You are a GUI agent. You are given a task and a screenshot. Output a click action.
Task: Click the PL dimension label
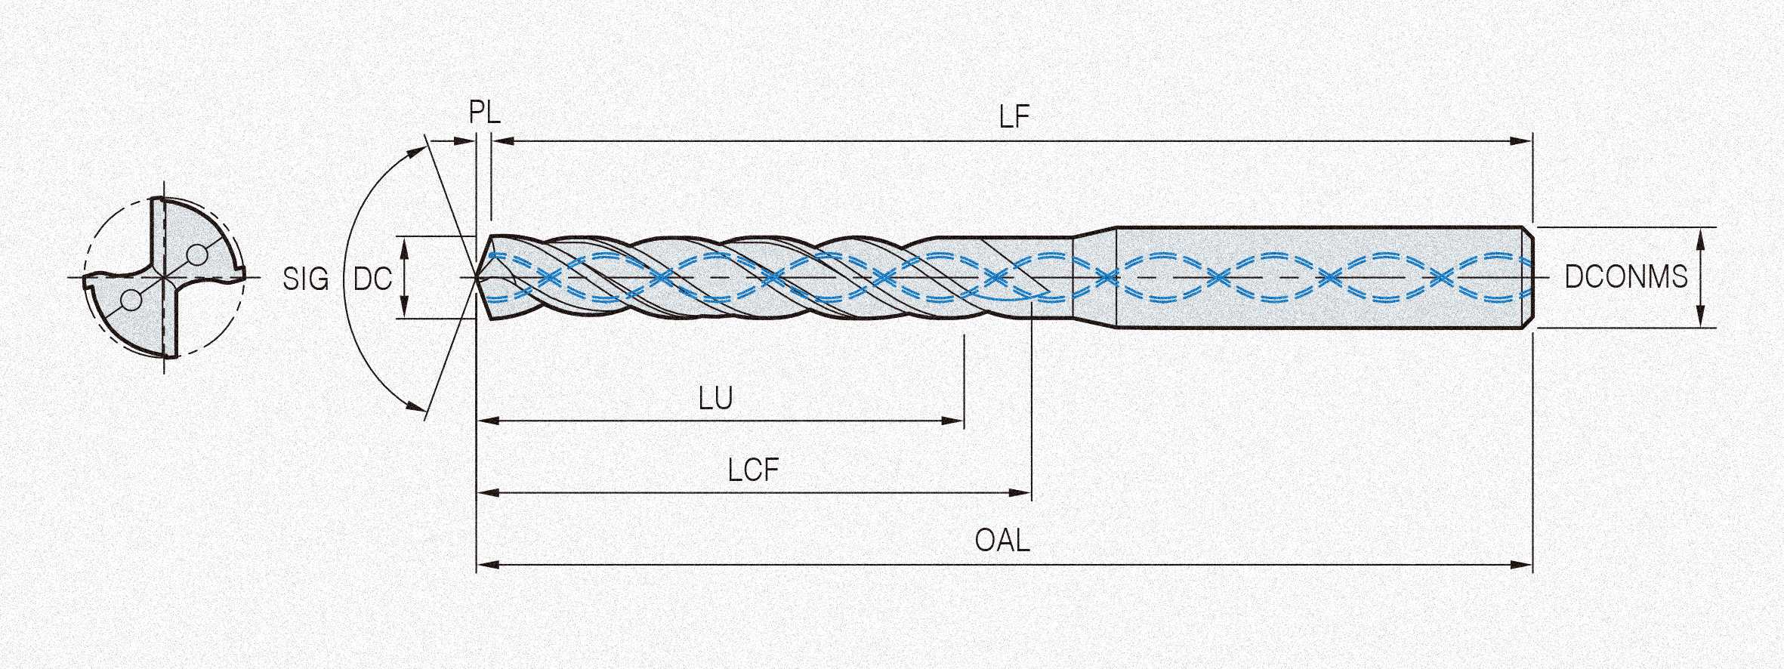coord(484,113)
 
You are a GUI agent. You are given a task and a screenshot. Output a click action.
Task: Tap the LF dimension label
coord(1014,117)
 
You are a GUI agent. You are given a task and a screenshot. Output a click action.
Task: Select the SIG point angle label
coord(306,279)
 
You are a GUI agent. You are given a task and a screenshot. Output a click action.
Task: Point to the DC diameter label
coord(373,279)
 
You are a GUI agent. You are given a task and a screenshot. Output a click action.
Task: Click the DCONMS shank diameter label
coord(1625,277)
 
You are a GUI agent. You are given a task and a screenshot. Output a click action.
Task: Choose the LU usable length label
coord(715,398)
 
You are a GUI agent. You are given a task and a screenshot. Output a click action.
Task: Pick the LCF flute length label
coord(753,470)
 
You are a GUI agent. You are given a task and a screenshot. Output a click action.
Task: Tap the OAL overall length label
coord(1002,541)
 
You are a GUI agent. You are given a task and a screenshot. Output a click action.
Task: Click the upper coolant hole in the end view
coord(197,255)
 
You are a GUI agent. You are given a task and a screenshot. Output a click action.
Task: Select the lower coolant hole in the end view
coord(131,301)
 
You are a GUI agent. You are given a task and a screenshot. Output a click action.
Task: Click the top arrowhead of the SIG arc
coord(417,150)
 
